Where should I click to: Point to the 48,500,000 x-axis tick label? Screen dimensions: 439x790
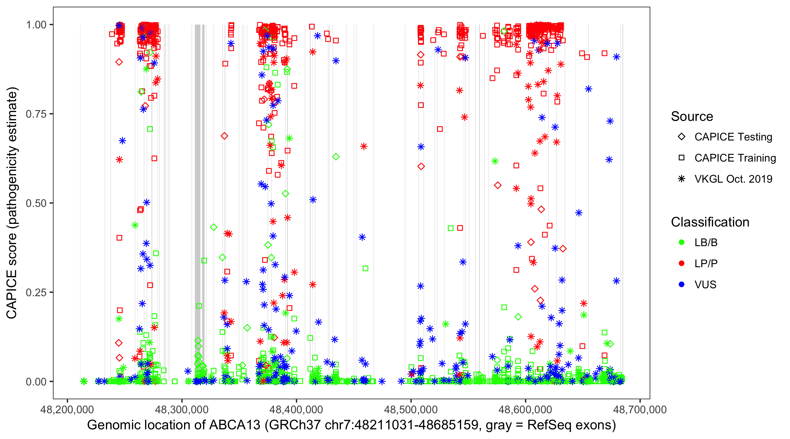pyautogui.click(x=411, y=409)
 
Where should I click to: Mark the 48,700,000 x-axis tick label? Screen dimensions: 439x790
pyautogui.click(x=640, y=409)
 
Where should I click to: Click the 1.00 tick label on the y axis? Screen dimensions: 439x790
pyautogui.click(x=36, y=25)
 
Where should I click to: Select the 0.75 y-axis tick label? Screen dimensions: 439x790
pyautogui.click(x=36, y=114)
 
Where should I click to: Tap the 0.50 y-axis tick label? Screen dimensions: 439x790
pyautogui.click(x=36, y=203)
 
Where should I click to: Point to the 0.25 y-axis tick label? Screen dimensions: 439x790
pyautogui.click(x=36, y=292)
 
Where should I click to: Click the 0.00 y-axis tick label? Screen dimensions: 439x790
pyautogui.click(x=36, y=381)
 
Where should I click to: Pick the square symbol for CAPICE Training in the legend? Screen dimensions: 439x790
pyautogui.click(x=681, y=158)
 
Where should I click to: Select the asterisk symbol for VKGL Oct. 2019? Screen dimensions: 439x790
pyautogui.click(x=681, y=179)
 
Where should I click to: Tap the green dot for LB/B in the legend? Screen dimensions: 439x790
pyautogui.click(x=681, y=242)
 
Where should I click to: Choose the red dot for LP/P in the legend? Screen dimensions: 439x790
pyautogui.click(x=681, y=263)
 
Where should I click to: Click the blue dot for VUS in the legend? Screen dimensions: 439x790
pyautogui.click(x=681, y=284)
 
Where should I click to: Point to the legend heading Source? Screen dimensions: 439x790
pyautogui.click(x=692, y=116)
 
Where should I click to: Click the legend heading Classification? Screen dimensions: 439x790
pyautogui.click(x=710, y=222)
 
